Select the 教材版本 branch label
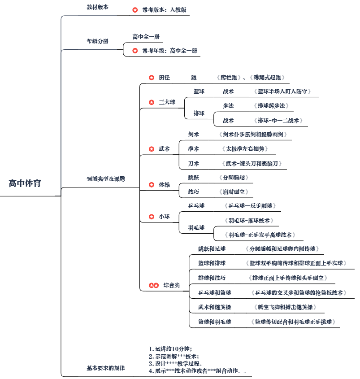coord(97,7)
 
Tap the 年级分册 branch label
coord(97,41)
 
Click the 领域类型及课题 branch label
coord(106,178)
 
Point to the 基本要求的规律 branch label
coord(106,368)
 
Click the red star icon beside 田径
coord(152,78)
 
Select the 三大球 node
coord(167,102)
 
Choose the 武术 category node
coord(164,148)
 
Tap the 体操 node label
coord(164,184)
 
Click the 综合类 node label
coord(171,285)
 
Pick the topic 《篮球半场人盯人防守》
coord(282,91)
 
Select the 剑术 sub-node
coord(194,134)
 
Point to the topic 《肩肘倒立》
coord(235,192)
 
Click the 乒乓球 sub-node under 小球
coord(196,206)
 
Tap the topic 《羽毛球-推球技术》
coord(249,220)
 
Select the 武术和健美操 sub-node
coord(215,307)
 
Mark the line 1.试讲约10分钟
coord(171,349)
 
